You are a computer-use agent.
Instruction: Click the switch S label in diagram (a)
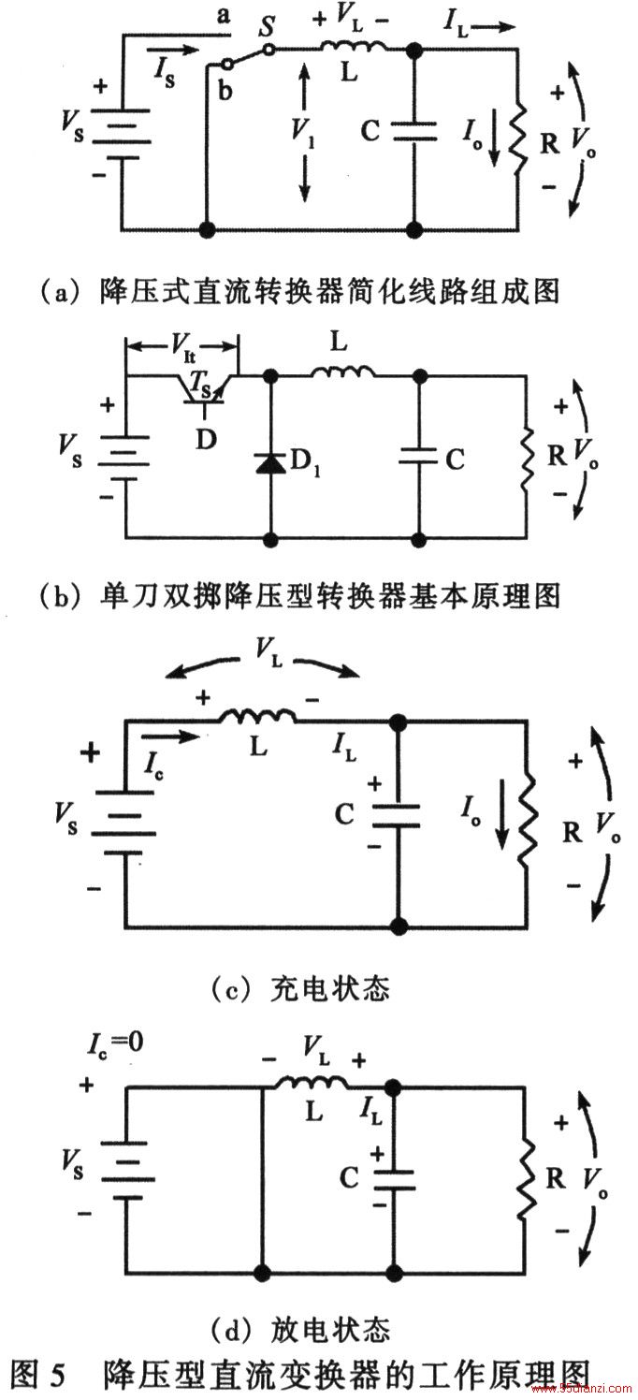click(x=268, y=26)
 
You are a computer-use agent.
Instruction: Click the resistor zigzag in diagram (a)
click(x=518, y=138)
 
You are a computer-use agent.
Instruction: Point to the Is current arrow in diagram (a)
click(x=177, y=49)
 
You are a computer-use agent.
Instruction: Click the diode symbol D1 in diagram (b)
click(x=270, y=462)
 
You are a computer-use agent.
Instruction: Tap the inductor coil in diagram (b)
click(x=343, y=372)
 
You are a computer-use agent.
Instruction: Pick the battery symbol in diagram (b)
click(x=126, y=459)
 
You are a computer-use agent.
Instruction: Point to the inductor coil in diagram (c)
click(x=257, y=717)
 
